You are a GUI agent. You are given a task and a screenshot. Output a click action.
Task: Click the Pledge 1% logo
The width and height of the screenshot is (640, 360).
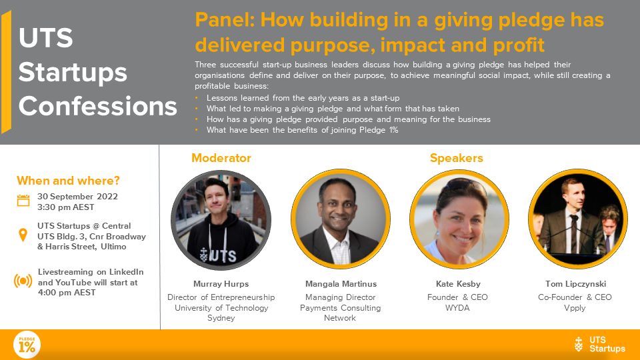27,345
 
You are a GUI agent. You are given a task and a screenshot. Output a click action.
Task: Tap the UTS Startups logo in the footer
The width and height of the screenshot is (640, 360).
599,345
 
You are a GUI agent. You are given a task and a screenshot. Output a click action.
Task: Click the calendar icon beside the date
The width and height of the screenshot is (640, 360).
23,201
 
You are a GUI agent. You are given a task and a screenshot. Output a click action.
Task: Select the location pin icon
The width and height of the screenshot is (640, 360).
23,235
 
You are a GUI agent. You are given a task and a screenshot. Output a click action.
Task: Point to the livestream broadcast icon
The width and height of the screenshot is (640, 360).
23,281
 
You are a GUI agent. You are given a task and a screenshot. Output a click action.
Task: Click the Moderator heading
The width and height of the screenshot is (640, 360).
221,158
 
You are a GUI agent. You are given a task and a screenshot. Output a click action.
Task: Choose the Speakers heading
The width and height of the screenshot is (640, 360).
456,158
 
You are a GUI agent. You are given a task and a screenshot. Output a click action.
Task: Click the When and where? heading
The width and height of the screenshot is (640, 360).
68,181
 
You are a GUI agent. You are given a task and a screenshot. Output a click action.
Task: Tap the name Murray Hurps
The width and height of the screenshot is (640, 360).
221,284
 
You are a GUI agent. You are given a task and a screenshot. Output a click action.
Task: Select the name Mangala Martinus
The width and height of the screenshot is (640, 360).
341,284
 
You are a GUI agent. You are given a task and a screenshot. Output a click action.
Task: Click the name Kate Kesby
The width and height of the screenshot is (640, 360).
458,284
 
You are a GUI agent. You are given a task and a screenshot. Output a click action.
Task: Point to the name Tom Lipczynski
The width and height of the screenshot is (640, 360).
575,284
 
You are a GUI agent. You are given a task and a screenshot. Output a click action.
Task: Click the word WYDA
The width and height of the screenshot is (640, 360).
457,308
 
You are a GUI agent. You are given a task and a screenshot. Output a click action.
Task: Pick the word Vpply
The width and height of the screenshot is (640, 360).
575,308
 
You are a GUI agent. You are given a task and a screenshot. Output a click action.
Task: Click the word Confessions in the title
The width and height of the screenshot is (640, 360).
97,106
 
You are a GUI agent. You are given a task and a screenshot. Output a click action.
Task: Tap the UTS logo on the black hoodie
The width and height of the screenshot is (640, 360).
218,255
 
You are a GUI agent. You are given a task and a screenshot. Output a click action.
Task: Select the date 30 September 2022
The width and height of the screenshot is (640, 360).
77,196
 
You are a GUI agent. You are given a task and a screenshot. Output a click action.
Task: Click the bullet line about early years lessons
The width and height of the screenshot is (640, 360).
303,98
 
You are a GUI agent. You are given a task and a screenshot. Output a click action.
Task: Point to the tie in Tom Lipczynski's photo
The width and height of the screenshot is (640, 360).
574,233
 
